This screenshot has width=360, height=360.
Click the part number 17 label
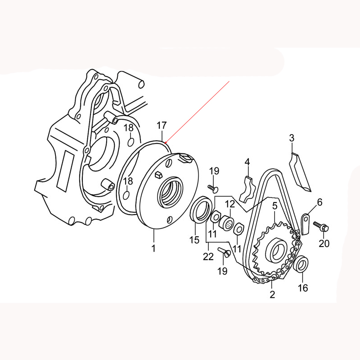(162, 126)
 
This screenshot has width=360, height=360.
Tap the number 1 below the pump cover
(153, 248)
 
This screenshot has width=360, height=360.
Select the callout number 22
(208, 256)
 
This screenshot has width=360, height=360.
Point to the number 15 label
(194, 240)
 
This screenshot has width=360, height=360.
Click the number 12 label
(230, 204)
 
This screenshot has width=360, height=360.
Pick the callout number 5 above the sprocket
(275, 206)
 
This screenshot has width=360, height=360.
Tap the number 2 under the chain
(272, 294)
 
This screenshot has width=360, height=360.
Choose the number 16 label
(302, 288)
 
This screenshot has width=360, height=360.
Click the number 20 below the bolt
(324, 243)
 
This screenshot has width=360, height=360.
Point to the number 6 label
(319, 202)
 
